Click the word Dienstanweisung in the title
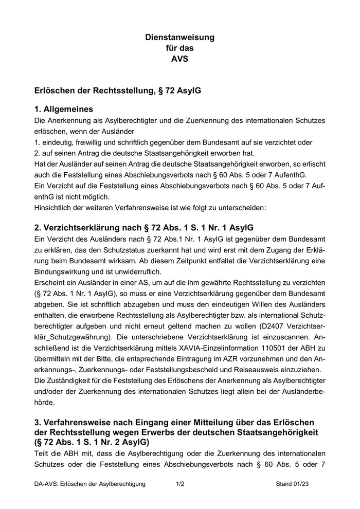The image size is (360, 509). point(179,37)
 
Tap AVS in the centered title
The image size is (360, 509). point(179,59)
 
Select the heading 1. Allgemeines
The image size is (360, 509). point(64,109)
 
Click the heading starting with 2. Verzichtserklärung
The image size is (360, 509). point(143,228)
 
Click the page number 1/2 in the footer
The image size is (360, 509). point(180,484)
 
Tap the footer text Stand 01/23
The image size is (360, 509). point(292,484)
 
